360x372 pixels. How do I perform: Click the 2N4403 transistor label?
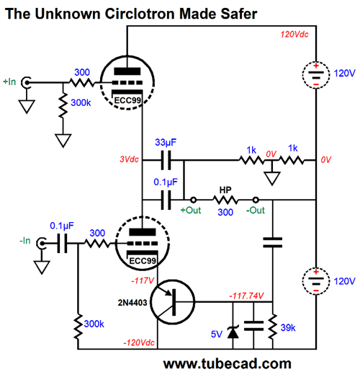132,303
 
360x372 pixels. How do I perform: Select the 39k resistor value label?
288,327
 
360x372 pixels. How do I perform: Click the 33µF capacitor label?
166,142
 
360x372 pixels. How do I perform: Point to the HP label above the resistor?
225,190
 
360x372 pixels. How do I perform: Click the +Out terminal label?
191,211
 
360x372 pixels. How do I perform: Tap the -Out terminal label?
256,211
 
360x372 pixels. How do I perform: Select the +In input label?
9,81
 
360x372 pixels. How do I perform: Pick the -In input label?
25,240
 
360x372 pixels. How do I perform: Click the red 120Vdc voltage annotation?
294,35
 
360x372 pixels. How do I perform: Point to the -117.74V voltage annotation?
246,296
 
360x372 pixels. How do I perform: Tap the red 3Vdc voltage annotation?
129,159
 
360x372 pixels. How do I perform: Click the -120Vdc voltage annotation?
139,342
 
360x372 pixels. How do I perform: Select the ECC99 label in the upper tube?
127,100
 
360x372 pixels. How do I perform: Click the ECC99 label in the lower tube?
143,261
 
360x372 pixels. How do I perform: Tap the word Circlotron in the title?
140,14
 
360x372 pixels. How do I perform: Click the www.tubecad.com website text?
227,363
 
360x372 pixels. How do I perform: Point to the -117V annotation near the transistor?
143,280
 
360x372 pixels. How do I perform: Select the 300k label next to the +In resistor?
81,102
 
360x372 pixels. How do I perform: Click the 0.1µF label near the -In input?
62,226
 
